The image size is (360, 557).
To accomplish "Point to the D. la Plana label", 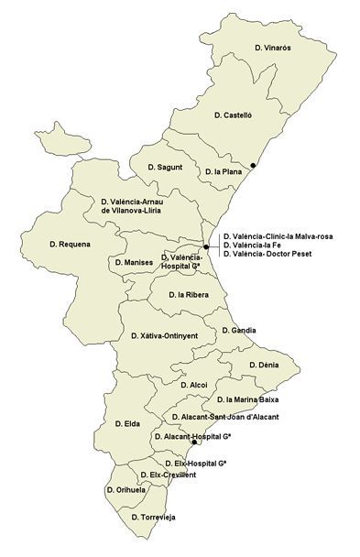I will point(223,171).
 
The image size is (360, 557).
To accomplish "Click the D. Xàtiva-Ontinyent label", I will point(165,336).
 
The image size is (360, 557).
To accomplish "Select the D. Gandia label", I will point(239,330).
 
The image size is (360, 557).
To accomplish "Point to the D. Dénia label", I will point(265,365).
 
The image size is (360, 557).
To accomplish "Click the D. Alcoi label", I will point(194,385).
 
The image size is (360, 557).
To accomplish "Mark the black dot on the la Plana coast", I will point(255,166).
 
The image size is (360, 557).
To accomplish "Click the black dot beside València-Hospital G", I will point(206,247).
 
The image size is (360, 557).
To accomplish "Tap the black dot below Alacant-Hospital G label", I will point(193,442).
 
